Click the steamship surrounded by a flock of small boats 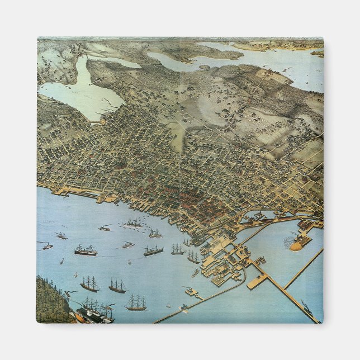[x=134, y=224]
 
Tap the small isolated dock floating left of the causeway [x=192, y=291]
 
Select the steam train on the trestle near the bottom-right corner [x=307, y=307]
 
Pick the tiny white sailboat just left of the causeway [x=168, y=305]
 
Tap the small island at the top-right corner [x=317, y=54]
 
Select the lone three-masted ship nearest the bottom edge [x=136, y=303]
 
